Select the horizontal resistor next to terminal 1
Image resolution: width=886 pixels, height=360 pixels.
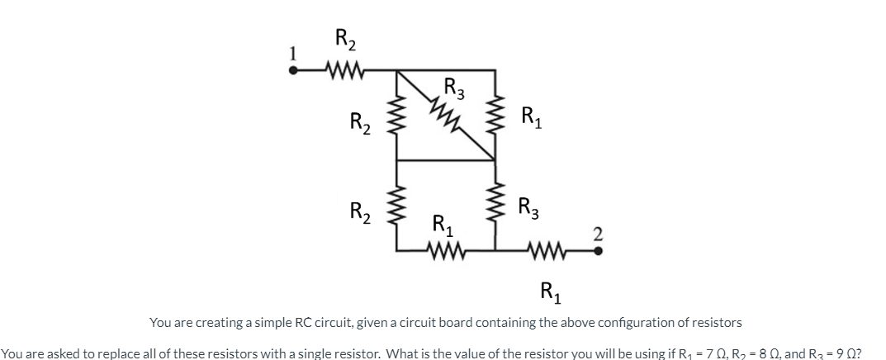342,70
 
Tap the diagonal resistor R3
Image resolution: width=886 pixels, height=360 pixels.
448,115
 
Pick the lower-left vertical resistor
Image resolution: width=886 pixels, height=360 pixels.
397,205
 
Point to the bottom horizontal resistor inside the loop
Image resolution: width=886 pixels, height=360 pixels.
445,249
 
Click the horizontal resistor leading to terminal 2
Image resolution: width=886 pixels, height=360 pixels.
545,249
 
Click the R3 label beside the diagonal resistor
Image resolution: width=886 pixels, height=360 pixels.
454,86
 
